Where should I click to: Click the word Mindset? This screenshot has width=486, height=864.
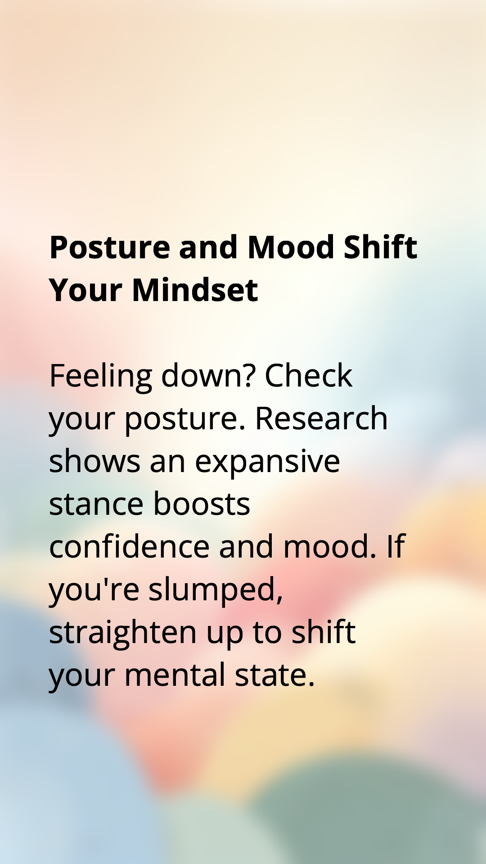[x=195, y=290]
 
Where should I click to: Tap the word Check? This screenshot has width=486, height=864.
[x=308, y=375]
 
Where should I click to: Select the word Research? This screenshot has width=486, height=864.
[x=321, y=418]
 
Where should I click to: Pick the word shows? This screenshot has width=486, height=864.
[x=94, y=461]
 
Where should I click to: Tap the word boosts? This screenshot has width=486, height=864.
[x=202, y=504]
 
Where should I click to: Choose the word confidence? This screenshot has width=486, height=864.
[x=129, y=546]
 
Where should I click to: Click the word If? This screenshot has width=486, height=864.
[x=396, y=546]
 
